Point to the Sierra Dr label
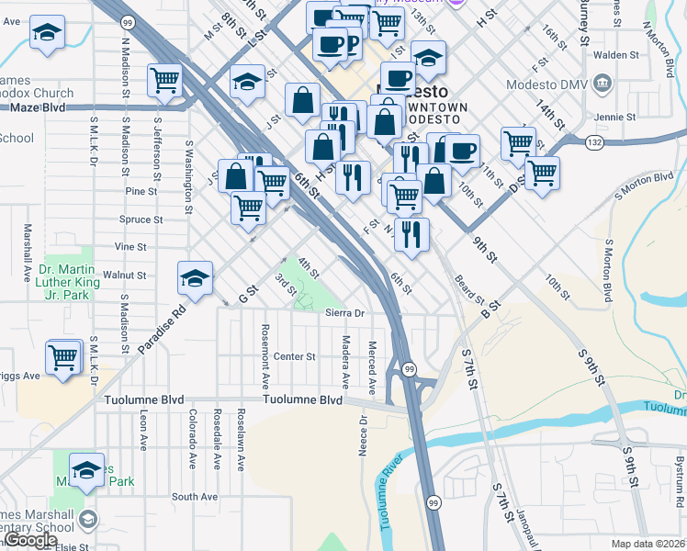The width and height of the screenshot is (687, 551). coord(346,313)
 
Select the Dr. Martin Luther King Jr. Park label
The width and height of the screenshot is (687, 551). coord(64,283)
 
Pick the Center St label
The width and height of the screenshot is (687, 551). coord(295,356)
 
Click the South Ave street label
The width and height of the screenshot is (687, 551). coord(194,497)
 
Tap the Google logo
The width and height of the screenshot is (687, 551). coord(30,541)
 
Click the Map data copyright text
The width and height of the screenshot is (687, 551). coord(648,544)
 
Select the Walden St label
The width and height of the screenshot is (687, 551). coord(615,55)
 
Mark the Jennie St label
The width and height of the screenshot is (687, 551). coord(615,118)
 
